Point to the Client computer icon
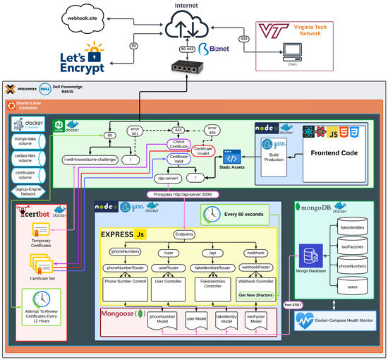click(291, 51)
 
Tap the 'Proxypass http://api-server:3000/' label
click(182, 194)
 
